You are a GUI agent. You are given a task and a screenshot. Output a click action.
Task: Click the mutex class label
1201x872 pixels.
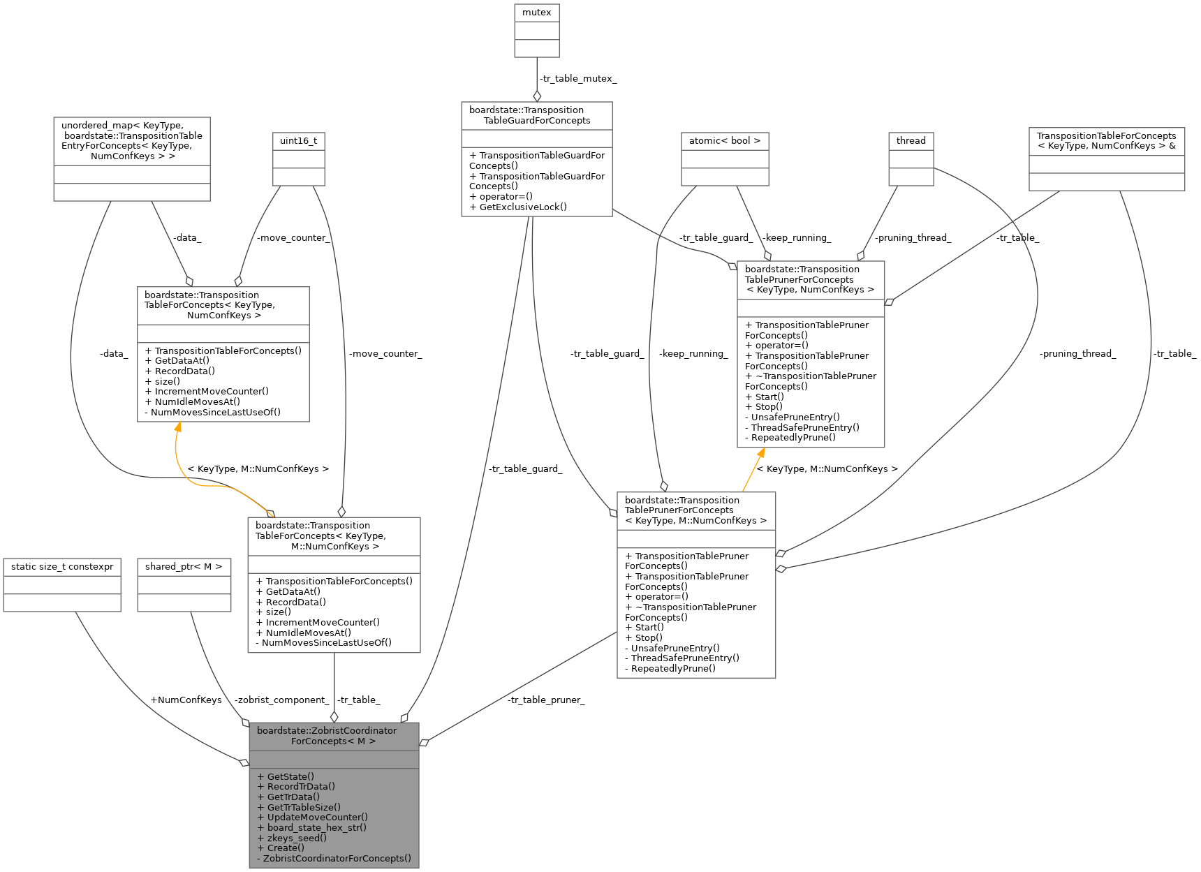[x=536, y=13]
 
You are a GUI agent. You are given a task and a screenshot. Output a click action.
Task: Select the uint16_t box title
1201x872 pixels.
[x=298, y=141]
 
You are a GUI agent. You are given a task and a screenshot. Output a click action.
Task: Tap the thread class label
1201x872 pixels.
[x=911, y=141]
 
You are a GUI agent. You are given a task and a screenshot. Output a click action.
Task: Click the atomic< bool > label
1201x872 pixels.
[x=724, y=141]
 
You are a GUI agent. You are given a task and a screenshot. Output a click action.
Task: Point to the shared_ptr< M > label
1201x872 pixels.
[x=184, y=566]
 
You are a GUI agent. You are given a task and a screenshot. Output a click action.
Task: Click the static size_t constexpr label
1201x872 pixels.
[x=62, y=566]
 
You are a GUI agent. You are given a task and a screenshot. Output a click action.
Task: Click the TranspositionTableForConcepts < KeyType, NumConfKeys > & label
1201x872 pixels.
[x=1106, y=140]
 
